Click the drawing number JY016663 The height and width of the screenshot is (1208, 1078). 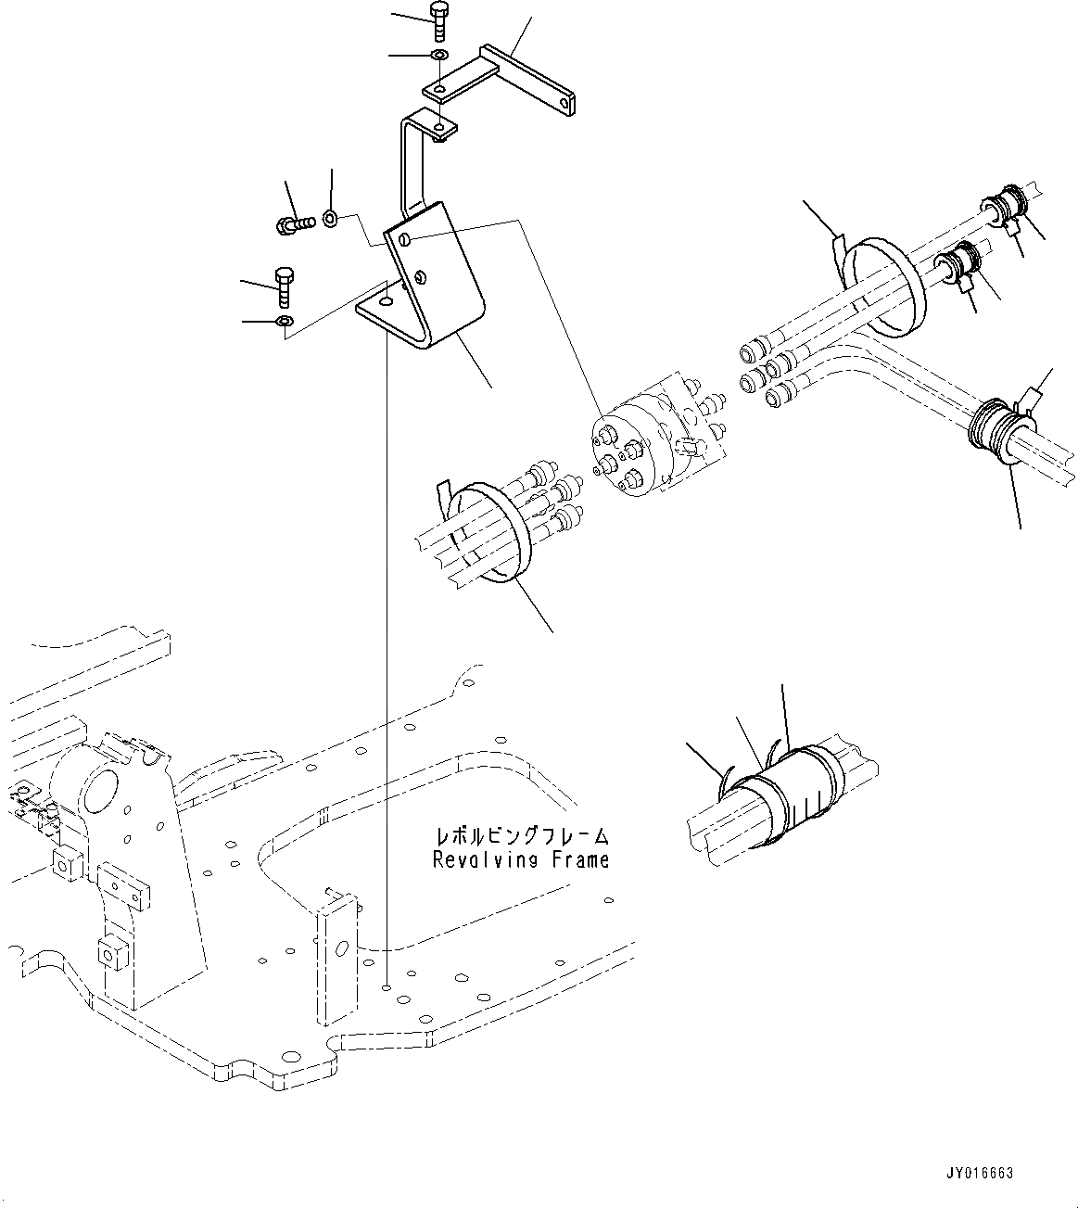980,1173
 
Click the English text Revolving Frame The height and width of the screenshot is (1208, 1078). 521,860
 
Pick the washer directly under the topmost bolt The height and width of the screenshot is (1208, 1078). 439,57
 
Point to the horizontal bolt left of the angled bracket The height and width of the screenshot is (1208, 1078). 294,223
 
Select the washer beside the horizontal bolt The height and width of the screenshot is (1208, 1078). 331,220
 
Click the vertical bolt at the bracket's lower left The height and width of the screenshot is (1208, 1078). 284,284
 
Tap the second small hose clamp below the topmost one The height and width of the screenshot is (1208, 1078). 959,260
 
